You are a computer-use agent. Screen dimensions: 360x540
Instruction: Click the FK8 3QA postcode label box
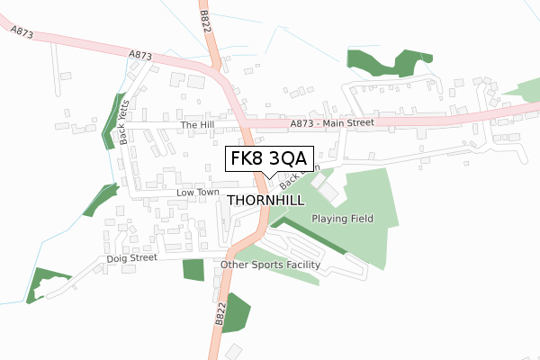269,159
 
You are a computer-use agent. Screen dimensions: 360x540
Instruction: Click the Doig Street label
131,257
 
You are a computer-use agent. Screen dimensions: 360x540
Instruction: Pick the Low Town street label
197,193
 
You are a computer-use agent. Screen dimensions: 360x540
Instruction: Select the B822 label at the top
206,19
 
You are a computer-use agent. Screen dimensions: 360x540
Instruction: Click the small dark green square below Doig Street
193,270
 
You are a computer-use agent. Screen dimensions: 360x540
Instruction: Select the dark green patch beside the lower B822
236,313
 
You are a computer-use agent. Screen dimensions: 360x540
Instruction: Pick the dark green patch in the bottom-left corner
40,284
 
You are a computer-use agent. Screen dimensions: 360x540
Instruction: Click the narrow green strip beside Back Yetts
116,121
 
